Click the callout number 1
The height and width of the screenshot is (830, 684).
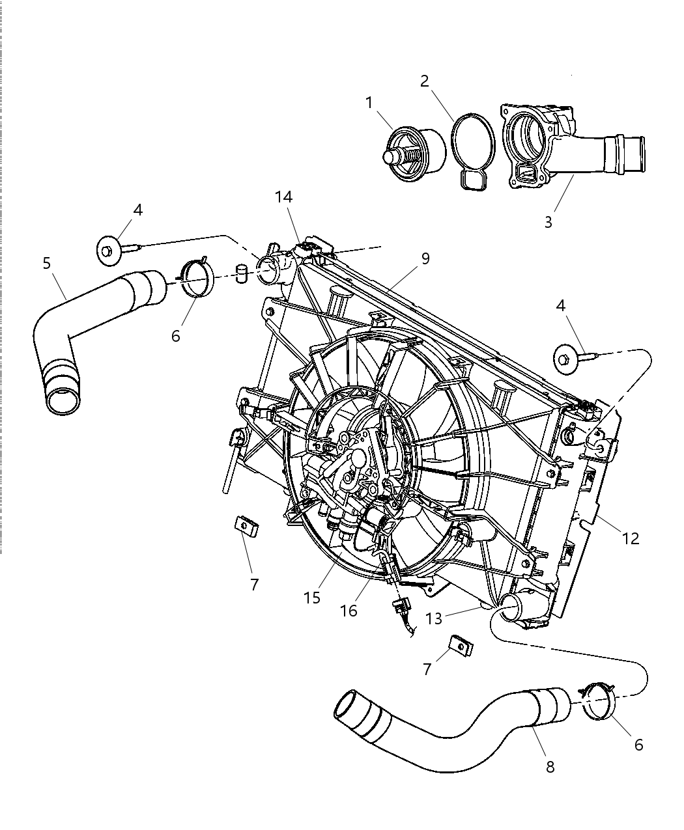coord(369,103)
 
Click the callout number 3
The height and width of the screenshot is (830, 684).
coord(548,222)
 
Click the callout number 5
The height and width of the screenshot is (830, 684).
coord(46,263)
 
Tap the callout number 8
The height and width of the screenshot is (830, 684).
coord(550,768)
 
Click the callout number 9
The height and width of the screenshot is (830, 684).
coord(425,258)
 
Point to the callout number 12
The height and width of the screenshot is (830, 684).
coord(631,538)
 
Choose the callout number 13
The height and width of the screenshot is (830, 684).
coord(433,618)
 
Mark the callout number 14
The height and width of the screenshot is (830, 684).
coord(283,197)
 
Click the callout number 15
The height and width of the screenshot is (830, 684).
coord(312,597)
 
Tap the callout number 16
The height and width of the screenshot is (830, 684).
coord(349,610)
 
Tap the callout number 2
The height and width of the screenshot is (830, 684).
coord(424,81)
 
